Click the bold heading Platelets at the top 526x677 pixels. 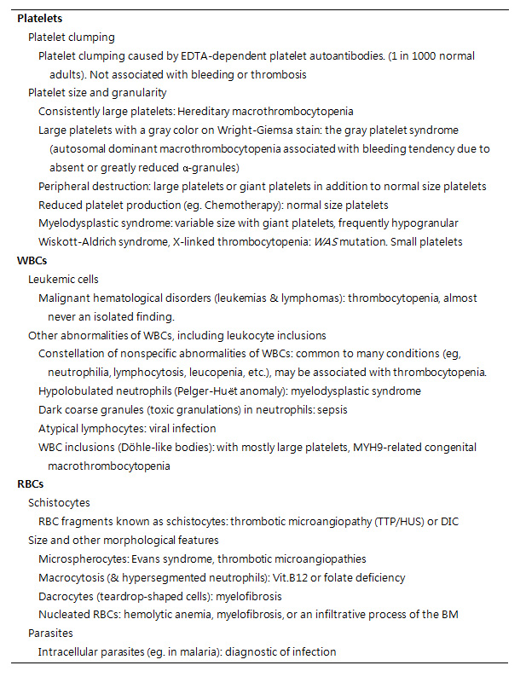pos(39,18)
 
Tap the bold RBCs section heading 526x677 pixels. pos(32,483)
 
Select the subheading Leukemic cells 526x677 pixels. pos(63,279)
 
